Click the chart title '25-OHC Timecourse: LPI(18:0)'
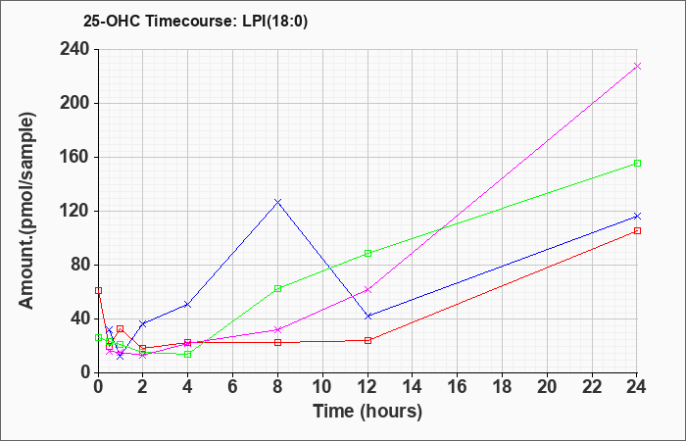pyautogui.click(x=195, y=21)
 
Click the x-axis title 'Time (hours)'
pyautogui.click(x=367, y=412)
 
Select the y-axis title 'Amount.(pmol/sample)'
pyautogui.click(x=27, y=211)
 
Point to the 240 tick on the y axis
pyautogui.click(x=77, y=49)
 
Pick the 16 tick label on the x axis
pyautogui.click(x=458, y=387)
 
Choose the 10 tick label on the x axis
pyautogui.click(x=322, y=387)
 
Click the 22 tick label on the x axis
pyautogui.click(x=592, y=387)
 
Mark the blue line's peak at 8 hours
pyautogui.click(x=277, y=202)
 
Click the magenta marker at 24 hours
pyautogui.click(x=637, y=66)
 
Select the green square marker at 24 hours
pyautogui.click(x=637, y=164)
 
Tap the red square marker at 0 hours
pyautogui.click(x=98, y=290)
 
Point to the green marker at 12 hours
pyautogui.click(x=367, y=253)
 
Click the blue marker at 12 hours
pyautogui.click(x=367, y=316)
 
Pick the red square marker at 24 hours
pyautogui.click(x=637, y=231)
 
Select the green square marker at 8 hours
pyautogui.click(x=277, y=289)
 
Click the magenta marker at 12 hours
pyautogui.click(x=367, y=290)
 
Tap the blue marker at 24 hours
pyautogui.click(x=637, y=217)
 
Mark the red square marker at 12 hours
pyautogui.click(x=367, y=340)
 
